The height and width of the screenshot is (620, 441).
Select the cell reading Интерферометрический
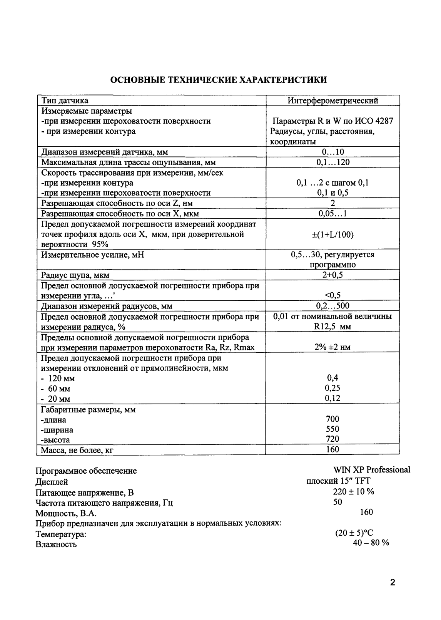click(333, 101)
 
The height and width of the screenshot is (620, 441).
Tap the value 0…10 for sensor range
click(333, 152)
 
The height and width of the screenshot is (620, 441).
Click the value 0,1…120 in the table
click(333, 162)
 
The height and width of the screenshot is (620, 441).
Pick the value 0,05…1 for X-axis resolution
click(333, 213)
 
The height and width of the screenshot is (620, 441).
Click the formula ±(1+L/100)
click(333, 234)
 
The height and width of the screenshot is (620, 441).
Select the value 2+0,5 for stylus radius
click(333, 275)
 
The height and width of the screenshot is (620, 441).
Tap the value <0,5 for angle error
click(333, 295)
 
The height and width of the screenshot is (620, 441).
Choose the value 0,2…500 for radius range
click(333, 306)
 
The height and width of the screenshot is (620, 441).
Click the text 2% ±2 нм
click(333, 347)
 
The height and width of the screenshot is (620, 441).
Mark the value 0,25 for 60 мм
click(333, 388)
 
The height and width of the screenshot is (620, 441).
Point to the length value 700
click(333, 419)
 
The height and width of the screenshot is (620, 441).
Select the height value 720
click(333, 439)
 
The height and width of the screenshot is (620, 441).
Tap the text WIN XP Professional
click(372, 470)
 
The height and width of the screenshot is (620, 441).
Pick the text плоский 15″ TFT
click(338, 481)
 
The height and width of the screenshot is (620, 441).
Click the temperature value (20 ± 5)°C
click(354, 533)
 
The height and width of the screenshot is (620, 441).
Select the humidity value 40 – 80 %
click(371, 543)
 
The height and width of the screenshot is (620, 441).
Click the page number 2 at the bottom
click(393, 582)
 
